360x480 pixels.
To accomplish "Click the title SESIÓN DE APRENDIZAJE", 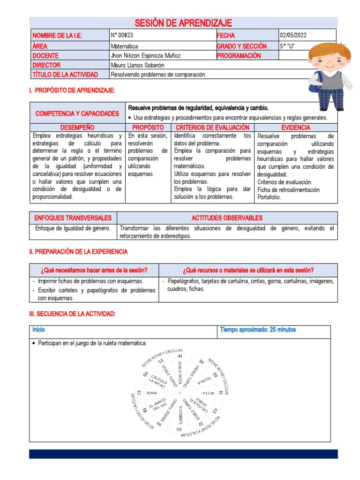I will [183, 23].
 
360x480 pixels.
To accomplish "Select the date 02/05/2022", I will [293, 36].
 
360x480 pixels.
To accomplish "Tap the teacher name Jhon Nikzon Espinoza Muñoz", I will [145, 56].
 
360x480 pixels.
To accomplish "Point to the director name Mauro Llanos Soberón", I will [137, 65].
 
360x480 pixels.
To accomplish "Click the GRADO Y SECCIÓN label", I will [241, 46].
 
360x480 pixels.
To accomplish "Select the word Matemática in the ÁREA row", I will [124, 46].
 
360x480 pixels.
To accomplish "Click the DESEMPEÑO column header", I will [77, 127].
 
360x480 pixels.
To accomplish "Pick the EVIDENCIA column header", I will [295, 127].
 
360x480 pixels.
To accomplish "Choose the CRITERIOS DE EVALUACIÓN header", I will [212, 127].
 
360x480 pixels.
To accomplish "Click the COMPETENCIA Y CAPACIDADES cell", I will [77, 113].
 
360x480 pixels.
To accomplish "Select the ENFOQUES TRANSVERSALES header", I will [73, 218].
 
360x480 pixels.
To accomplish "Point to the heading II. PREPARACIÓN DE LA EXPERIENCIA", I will [78, 252].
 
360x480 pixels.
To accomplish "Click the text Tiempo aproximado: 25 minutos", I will [258, 330].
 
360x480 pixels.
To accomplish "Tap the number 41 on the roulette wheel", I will [179, 356].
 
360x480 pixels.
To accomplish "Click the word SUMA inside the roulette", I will [152, 393].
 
